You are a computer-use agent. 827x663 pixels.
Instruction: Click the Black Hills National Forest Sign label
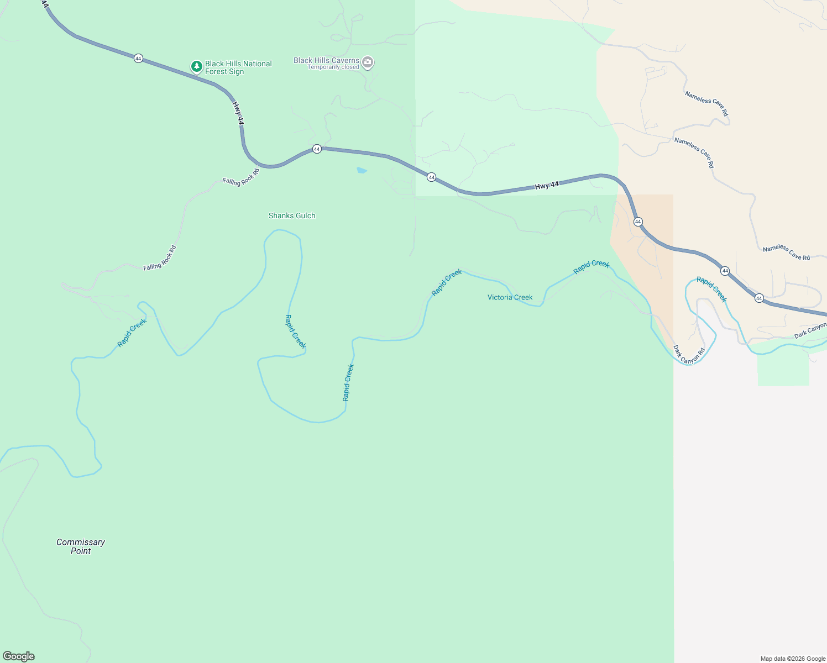point(238,67)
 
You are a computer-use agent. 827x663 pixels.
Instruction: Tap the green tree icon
point(196,67)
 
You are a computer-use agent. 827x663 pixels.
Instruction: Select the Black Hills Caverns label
point(326,60)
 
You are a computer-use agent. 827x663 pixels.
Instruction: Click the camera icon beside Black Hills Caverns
point(368,62)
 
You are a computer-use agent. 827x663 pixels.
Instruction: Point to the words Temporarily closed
point(333,67)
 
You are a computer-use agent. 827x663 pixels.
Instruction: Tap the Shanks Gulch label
point(292,215)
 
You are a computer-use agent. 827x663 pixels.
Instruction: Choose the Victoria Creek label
point(510,297)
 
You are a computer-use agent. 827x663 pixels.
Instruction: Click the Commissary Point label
point(81,546)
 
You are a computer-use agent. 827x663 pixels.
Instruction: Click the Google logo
point(19,656)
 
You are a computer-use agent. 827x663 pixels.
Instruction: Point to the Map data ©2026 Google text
point(793,659)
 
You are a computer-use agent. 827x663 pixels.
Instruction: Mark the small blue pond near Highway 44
point(362,170)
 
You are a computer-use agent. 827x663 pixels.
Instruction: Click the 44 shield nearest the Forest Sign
point(138,58)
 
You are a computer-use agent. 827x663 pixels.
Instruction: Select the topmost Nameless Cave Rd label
point(706,103)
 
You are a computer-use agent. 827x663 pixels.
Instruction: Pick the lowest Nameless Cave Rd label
point(786,252)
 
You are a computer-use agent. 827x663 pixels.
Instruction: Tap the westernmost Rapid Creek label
point(132,333)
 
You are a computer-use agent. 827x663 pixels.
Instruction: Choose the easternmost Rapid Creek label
point(711,290)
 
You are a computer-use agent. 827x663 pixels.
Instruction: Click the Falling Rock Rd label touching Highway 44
point(242,178)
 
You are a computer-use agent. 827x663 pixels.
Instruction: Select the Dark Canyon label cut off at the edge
point(810,331)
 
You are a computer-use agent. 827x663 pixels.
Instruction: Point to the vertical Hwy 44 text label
point(238,113)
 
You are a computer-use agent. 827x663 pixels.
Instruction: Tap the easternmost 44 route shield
point(759,298)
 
